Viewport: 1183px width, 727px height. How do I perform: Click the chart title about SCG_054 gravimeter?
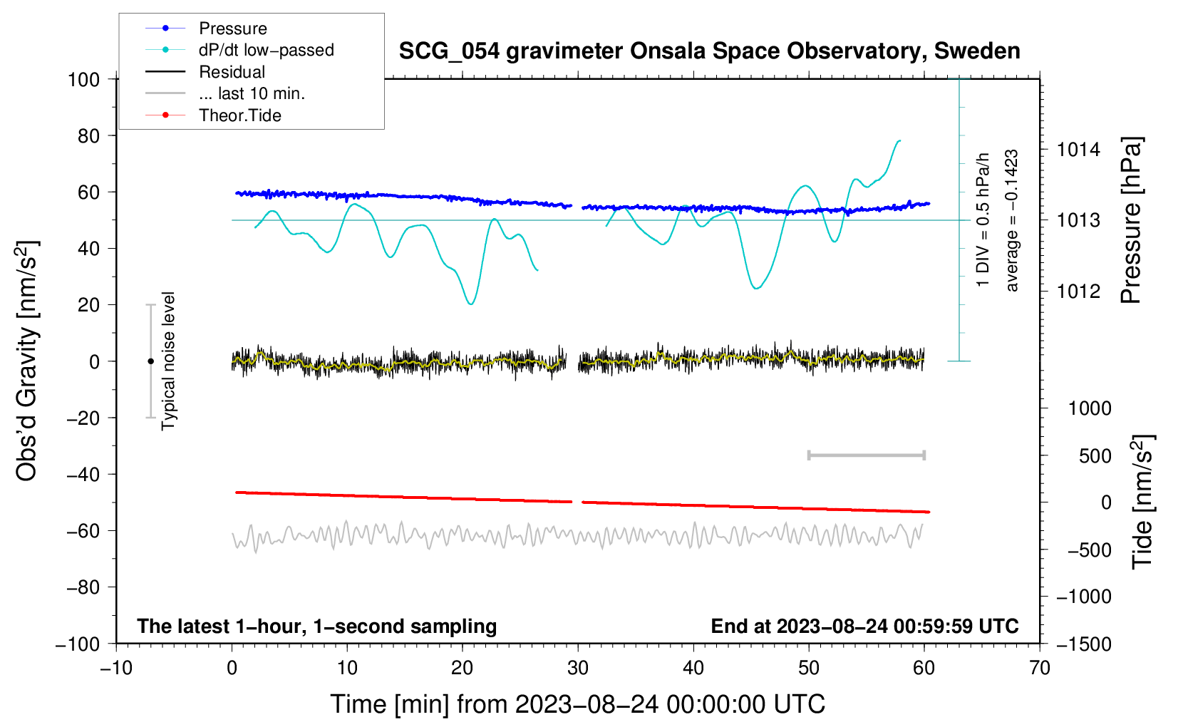click(709, 51)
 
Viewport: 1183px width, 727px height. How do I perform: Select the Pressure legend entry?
click(232, 29)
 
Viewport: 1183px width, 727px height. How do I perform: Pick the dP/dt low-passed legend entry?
click(266, 50)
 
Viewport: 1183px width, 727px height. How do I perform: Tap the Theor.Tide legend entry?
click(239, 115)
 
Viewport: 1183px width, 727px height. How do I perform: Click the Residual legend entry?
click(232, 72)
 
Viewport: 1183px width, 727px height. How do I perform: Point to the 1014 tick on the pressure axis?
click(1078, 150)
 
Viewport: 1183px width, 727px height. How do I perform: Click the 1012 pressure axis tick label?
click(1078, 291)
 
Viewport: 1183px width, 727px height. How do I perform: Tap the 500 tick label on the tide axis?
click(1095, 455)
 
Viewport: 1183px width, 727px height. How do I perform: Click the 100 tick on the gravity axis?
click(83, 79)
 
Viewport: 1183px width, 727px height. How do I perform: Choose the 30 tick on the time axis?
click(578, 668)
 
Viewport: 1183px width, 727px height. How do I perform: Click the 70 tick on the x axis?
click(1040, 668)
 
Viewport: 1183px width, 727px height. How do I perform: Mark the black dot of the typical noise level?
click(150, 361)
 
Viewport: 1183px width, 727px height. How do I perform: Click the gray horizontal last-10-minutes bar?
click(866, 455)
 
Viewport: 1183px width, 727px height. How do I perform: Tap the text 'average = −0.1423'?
click(1012, 220)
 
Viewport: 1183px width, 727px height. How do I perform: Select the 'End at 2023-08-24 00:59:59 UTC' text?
click(864, 626)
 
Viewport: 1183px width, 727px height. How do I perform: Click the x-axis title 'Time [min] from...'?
click(577, 704)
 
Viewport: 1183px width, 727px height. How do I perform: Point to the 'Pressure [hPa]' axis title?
click(1131, 220)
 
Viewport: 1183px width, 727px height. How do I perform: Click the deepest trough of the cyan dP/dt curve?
click(470, 304)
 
